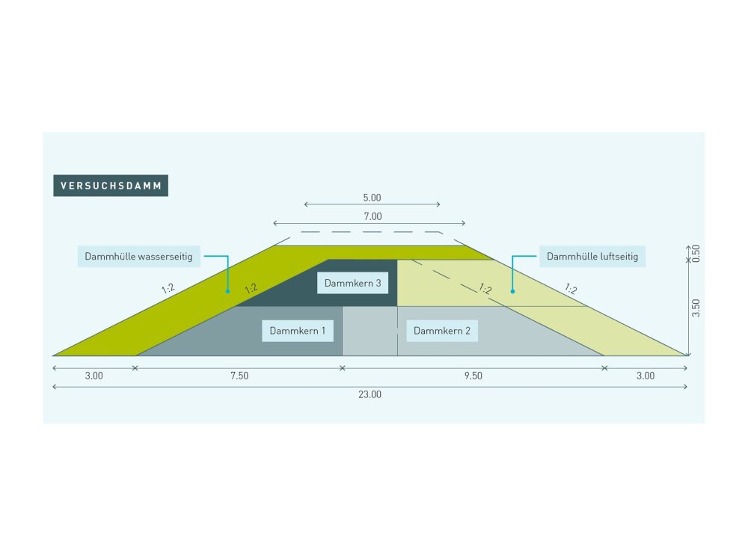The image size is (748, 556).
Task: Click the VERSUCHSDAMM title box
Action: point(111,186)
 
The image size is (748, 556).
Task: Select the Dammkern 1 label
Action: point(298,331)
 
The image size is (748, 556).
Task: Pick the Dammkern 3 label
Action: point(353,284)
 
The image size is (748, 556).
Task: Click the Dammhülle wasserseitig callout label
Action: point(138,257)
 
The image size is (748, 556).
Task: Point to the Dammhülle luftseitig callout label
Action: point(592,257)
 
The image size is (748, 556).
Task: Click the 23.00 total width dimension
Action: point(370,394)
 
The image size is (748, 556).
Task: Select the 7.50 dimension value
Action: point(239,376)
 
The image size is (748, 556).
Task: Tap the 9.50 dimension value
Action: point(473,376)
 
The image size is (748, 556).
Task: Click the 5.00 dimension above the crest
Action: point(372,198)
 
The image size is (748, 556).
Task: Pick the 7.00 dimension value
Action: point(373,216)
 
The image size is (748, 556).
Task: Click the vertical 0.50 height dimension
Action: point(696,253)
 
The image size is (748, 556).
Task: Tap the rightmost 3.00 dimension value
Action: point(645,376)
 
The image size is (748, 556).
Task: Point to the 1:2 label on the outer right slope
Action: point(571,288)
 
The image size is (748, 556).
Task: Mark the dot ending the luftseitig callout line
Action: point(512,290)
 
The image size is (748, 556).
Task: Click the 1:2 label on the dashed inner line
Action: point(485,289)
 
